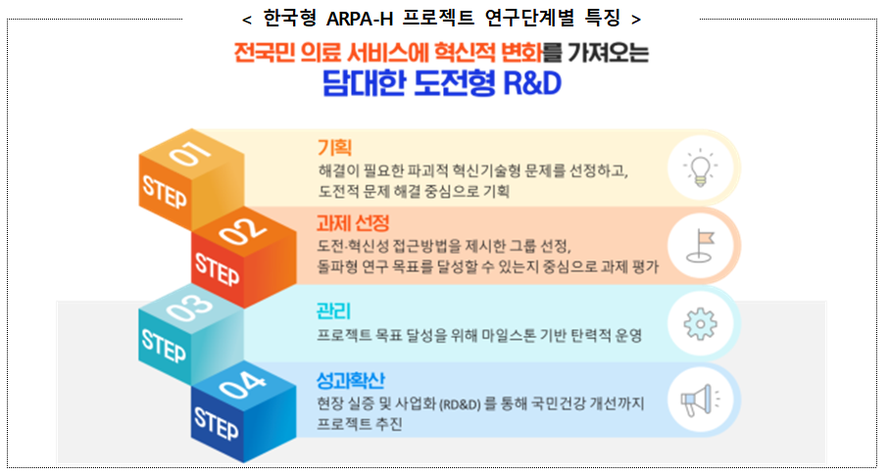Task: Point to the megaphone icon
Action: coord(697,400)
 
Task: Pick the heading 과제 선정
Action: coord(352,222)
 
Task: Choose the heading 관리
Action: coord(332,311)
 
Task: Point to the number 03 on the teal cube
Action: coord(192,311)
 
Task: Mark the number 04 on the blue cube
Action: coord(244,390)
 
